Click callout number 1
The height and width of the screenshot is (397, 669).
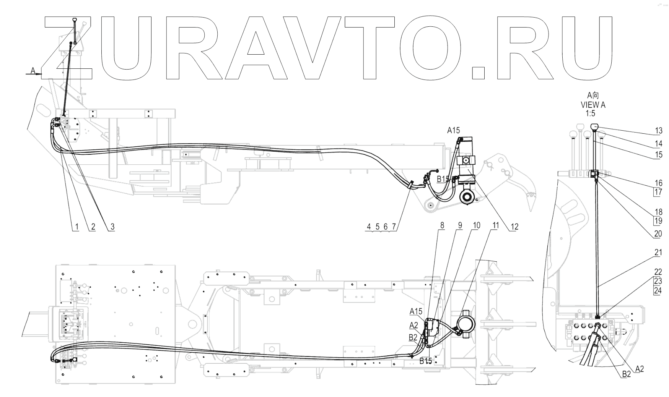tap(77, 227)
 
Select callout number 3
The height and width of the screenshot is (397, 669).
tap(112, 227)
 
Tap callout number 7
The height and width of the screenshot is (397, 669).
tap(394, 227)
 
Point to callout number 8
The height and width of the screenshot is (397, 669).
tap(442, 225)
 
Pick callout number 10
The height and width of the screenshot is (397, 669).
tap(476, 225)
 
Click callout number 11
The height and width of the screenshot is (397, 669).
tap(495, 225)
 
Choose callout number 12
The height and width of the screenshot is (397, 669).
tap(514, 227)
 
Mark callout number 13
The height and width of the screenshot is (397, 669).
tap(658, 131)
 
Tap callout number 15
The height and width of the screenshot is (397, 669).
tap(658, 155)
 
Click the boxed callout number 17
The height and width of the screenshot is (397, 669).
tap(658, 192)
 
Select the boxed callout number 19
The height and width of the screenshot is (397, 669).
tap(658, 221)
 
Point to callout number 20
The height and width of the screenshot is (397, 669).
tap(658, 234)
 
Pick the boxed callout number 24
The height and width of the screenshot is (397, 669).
tap(658, 291)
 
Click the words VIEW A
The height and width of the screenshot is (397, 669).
tap(593, 104)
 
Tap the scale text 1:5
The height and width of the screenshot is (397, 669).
tap(590, 113)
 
